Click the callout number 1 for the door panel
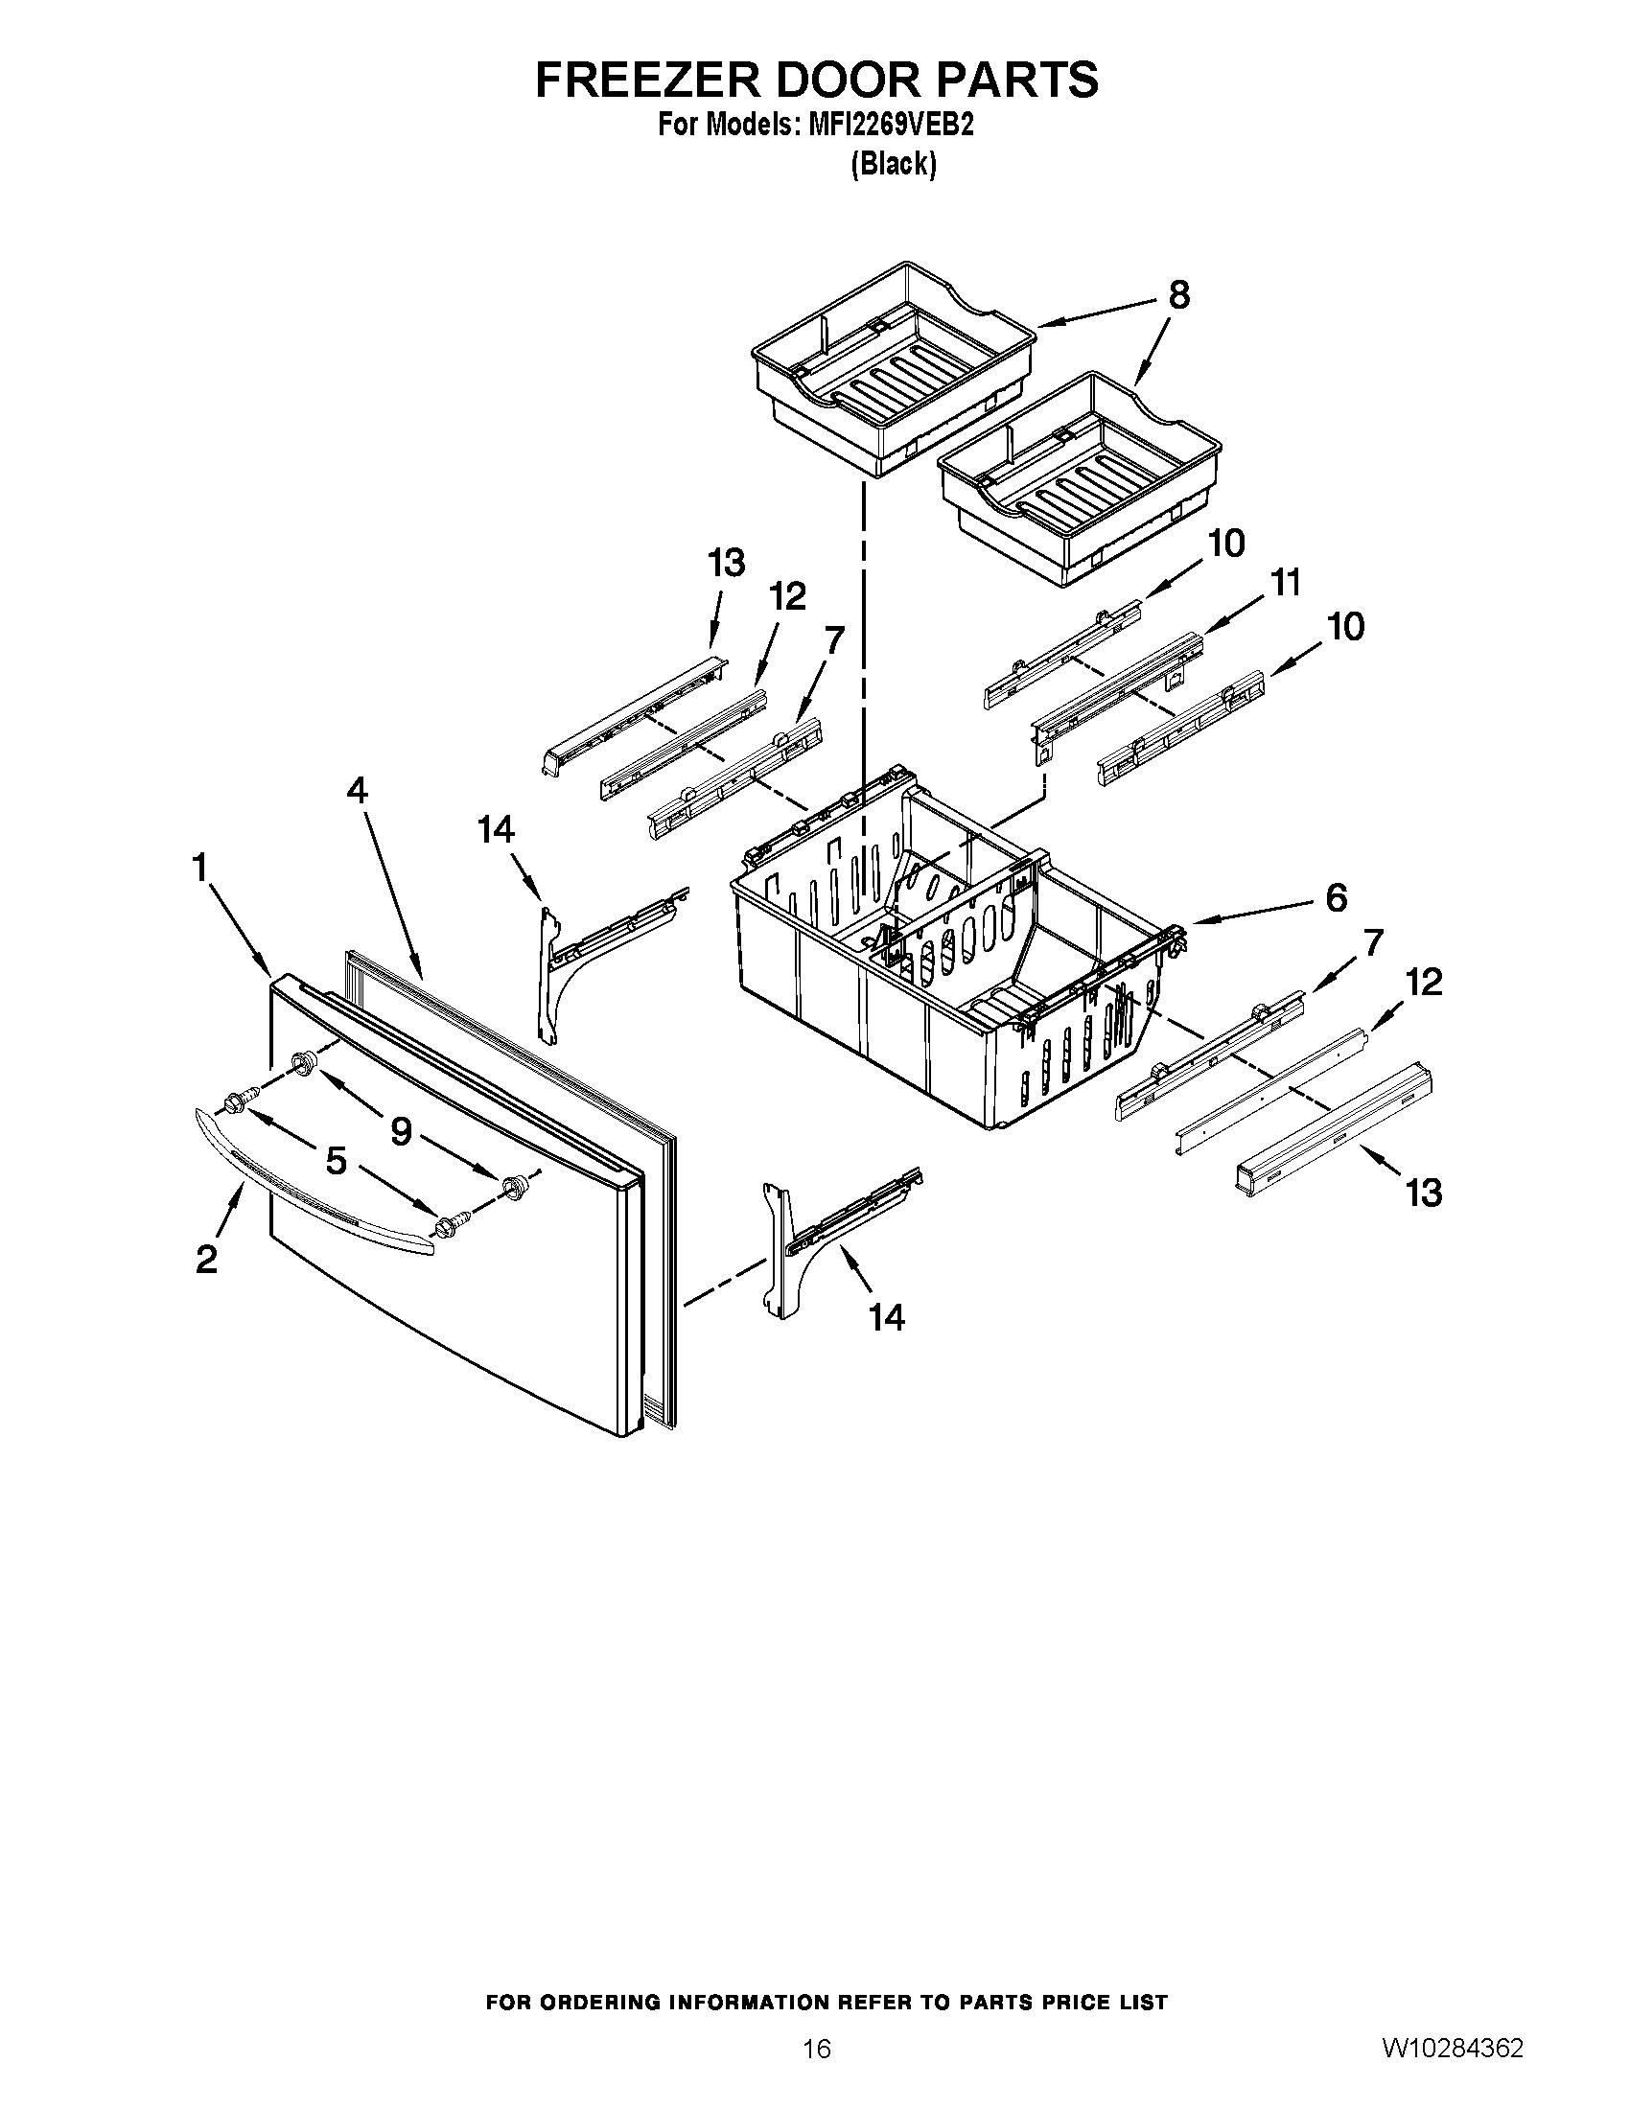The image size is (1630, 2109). point(199,869)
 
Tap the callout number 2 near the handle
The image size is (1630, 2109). point(207,1260)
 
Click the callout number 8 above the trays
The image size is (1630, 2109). point(1179,295)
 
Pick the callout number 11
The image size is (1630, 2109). point(1285,583)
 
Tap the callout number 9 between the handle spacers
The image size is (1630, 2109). point(401,1131)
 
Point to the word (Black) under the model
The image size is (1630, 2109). point(894,165)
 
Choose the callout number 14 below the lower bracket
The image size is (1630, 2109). point(887,1317)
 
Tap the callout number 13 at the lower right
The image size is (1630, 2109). point(1424,1194)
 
